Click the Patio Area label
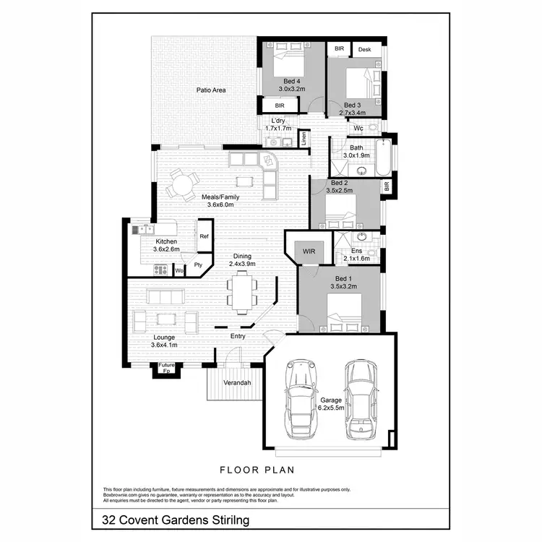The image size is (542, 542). (x=212, y=90)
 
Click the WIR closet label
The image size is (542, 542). (x=310, y=251)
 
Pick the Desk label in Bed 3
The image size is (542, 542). (x=364, y=49)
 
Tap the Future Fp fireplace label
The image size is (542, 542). (x=167, y=368)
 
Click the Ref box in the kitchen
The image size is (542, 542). (x=205, y=237)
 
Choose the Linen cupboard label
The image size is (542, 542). (x=304, y=138)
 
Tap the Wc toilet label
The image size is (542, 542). (x=358, y=129)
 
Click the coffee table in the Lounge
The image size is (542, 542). (x=167, y=318)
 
